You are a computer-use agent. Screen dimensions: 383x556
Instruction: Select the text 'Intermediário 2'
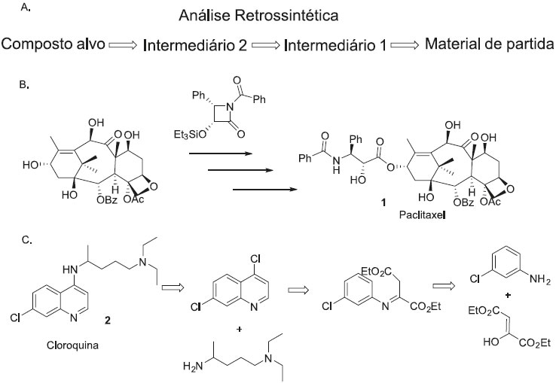click(x=194, y=47)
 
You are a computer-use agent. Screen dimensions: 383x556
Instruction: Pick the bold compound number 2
click(x=108, y=321)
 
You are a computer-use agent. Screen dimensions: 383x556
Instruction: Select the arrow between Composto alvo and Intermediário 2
click(x=123, y=47)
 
